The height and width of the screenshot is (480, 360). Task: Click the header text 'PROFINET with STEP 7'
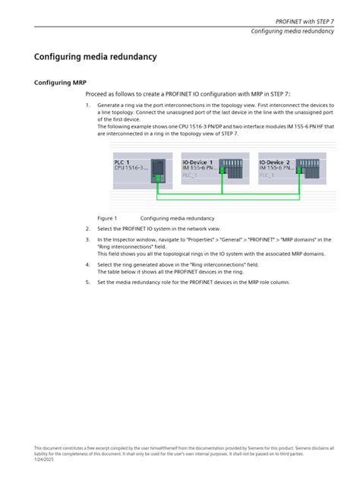pos(304,21)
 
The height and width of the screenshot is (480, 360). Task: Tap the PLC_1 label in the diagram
pos(122,163)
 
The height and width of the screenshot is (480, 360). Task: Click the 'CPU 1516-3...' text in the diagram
pos(131,168)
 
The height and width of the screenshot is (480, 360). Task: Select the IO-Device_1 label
pos(197,163)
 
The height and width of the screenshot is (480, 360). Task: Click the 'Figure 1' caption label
pos(106,218)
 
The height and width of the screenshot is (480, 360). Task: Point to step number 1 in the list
pos(87,105)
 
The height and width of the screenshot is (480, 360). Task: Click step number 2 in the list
pos(87,228)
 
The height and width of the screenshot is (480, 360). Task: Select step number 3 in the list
pos(87,239)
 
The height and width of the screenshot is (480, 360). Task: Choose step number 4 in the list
pos(87,265)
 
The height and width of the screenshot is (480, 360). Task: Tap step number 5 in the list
pos(87,282)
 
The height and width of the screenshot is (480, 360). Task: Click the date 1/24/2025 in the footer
pos(45,459)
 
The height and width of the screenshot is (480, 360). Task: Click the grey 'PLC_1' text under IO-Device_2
pos(267,175)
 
